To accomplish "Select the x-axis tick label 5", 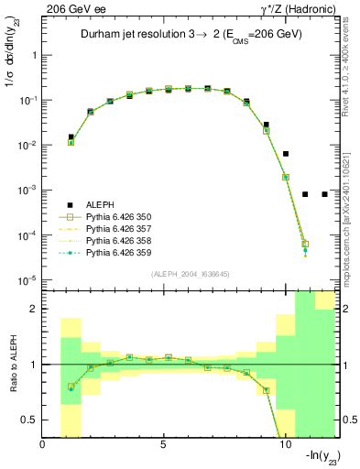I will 163,446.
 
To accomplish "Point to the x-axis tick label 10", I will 284,446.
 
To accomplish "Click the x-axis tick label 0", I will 43,446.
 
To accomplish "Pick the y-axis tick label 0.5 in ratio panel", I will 30,420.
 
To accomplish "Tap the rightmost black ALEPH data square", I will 325,194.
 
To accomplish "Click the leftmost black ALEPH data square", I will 71,137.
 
